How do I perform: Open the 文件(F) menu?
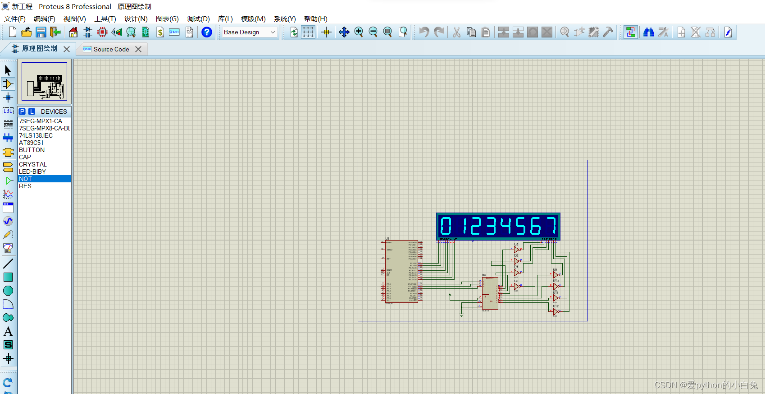coord(15,19)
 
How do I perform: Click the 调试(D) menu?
coord(198,19)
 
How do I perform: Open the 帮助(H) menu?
coord(315,19)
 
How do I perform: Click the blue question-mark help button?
coord(207,32)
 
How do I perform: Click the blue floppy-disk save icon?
coord(41,32)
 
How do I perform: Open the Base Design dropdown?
coord(249,32)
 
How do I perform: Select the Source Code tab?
coord(111,49)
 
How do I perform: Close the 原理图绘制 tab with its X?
coord(67,49)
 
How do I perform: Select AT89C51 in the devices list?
coord(31,143)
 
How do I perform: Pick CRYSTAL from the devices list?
coord(32,164)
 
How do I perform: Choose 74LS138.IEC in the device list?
coord(36,135)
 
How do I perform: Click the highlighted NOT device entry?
coord(25,179)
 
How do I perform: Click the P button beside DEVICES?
coord(22,111)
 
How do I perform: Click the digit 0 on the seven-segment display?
coord(446,226)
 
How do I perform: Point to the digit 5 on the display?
coord(520,226)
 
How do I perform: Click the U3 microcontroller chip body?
coord(400,271)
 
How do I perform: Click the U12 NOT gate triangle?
coord(556,311)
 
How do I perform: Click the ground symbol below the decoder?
coord(461,315)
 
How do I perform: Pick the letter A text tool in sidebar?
coord(8,332)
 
